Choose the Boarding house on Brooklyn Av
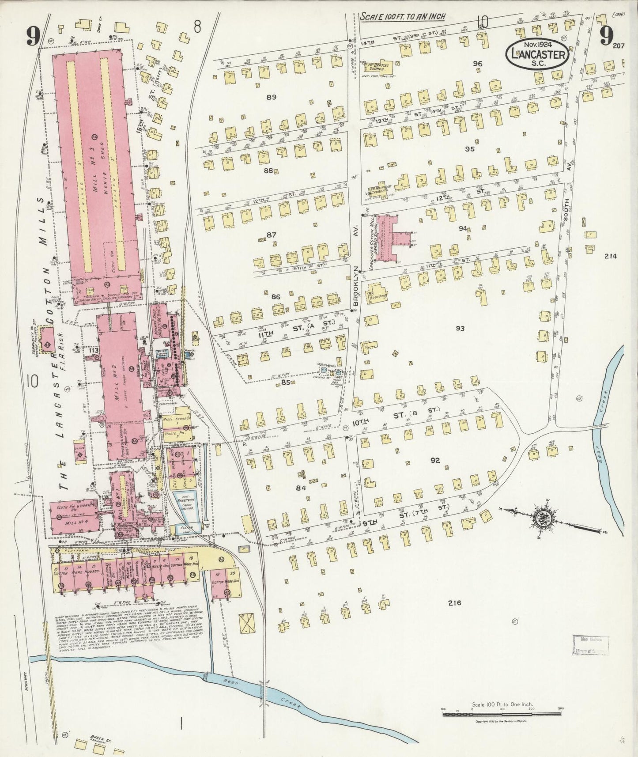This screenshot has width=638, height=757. (377, 294)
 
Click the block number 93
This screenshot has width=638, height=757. (460, 329)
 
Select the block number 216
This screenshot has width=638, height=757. (454, 603)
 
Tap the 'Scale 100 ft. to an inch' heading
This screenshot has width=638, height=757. (402, 16)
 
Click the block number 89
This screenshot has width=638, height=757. (271, 96)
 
